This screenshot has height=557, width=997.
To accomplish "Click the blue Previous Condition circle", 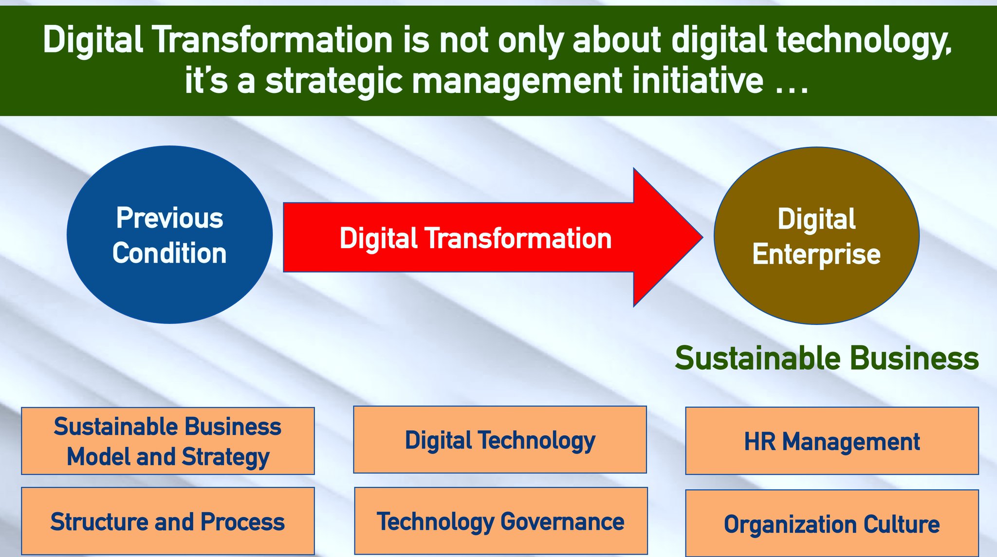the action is [169, 234].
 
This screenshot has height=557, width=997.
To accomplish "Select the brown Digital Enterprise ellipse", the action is [816, 235].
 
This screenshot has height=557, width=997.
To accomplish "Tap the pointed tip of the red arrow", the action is [702, 237].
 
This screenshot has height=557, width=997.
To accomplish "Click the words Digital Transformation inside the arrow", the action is [476, 238].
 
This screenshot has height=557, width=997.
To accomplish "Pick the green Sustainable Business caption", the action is [827, 359].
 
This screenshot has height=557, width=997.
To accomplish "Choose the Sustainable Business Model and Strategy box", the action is [168, 441].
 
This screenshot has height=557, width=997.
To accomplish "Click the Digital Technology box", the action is [500, 439].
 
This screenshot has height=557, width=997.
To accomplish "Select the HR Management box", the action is [832, 441].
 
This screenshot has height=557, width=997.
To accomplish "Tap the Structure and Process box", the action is [168, 521].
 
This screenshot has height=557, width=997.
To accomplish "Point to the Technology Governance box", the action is [501, 521].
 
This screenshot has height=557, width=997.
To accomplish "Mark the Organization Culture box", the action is [832, 523].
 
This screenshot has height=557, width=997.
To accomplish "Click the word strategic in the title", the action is [334, 81].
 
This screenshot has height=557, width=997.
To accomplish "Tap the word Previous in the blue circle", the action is [169, 218].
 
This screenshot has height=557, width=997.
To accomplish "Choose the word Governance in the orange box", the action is [562, 522].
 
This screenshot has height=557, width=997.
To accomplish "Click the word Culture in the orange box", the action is [902, 524].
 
